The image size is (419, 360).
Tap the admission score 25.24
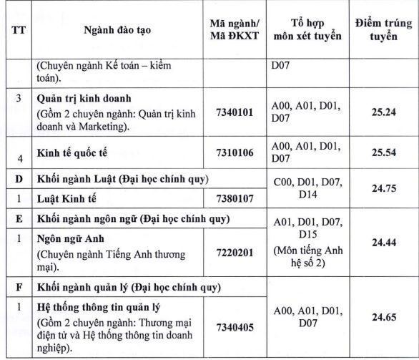pos(378,112)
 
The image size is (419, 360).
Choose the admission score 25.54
pos(378,152)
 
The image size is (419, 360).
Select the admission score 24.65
pos(378,315)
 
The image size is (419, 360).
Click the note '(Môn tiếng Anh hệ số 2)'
pos(308,259)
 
